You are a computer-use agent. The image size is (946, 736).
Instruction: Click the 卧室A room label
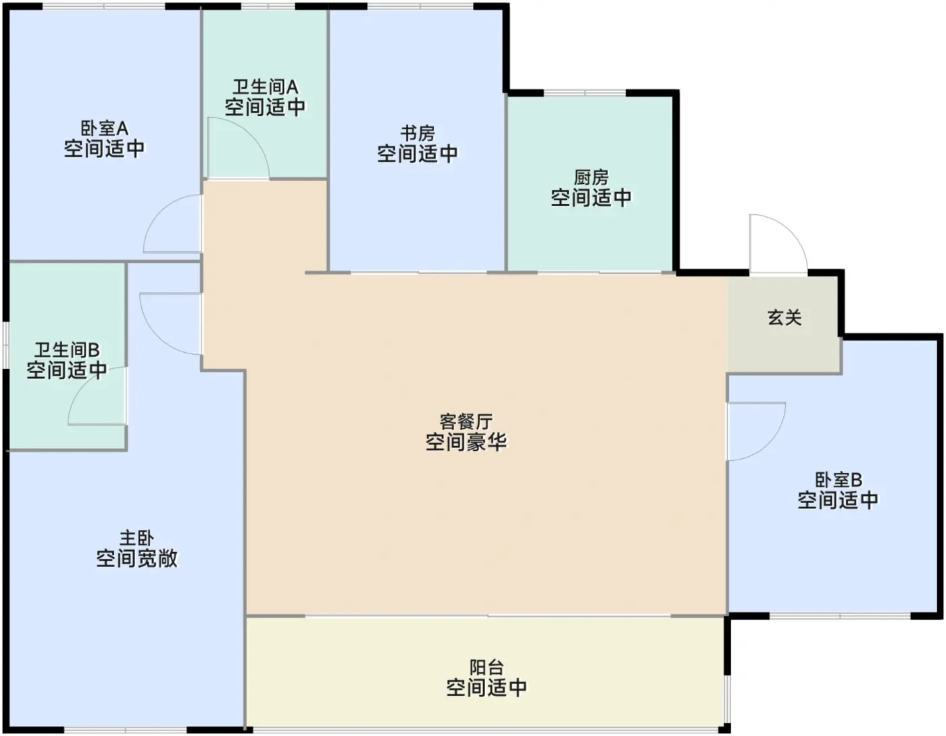coord(104,128)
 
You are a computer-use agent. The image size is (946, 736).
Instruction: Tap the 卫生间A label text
coord(265,87)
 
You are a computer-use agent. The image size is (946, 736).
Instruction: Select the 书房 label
coord(417,133)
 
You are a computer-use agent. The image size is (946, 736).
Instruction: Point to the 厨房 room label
coord(591,178)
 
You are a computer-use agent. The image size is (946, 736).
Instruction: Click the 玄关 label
coord(785,317)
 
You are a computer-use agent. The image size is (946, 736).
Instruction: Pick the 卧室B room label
coord(838,480)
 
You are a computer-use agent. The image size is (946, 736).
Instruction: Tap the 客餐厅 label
coord(466,422)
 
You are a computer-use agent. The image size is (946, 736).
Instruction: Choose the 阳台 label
coord(487,668)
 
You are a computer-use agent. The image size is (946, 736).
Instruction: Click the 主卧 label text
coord(136,539)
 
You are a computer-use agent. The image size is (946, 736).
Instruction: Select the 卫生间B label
coord(67,350)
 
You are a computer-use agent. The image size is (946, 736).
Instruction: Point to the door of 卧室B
coord(755,431)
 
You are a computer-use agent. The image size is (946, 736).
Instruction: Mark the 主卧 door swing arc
coord(169,324)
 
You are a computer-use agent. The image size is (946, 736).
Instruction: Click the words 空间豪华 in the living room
coord(466,443)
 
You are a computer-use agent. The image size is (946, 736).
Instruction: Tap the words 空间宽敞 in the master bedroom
coord(136,559)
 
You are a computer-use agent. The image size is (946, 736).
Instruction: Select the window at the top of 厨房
coord(585,93)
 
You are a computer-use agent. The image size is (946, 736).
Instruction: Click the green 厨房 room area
coord(591,237)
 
